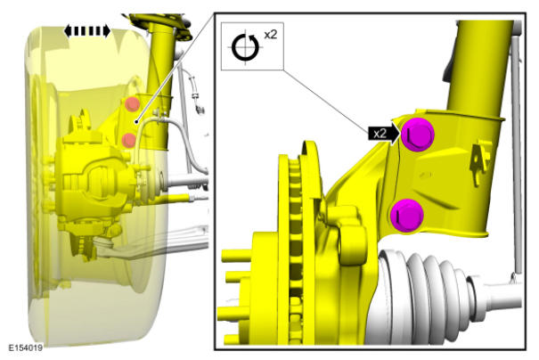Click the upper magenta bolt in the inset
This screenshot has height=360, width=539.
point(417,135)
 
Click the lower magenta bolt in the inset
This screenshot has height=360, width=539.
point(406,216)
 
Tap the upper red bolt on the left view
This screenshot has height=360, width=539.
point(132,104)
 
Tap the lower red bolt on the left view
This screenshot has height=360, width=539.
point(129,140)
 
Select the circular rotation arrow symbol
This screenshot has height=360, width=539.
point(245,47)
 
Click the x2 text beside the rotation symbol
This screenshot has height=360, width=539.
point(270,35)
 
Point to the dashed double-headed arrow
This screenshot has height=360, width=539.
point(87,31)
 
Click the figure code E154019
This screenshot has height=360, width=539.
point(26,348)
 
